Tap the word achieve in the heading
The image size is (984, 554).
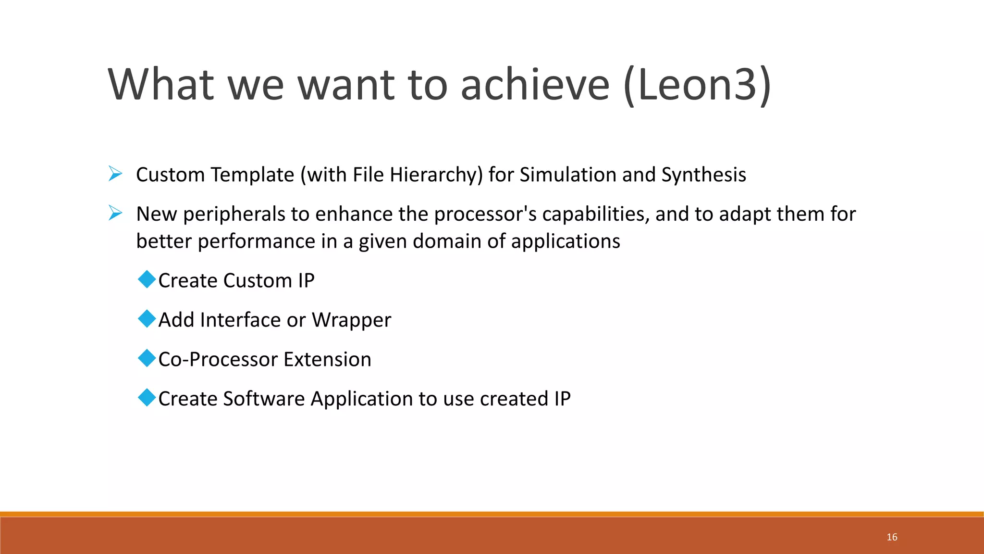tap(535, 85)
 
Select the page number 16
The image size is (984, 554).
tap(892, 537)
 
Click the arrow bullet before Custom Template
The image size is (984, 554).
tap(115, 174)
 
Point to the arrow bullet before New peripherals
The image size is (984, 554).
tap(115, 213)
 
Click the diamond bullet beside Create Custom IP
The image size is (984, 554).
tap(147, 279)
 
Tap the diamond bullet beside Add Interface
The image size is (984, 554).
tap(147, 318)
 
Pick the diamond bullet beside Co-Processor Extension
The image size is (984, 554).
tap(147, 358)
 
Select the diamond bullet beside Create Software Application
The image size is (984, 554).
tap(147, 397)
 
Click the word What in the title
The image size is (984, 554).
tap(160, 85)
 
